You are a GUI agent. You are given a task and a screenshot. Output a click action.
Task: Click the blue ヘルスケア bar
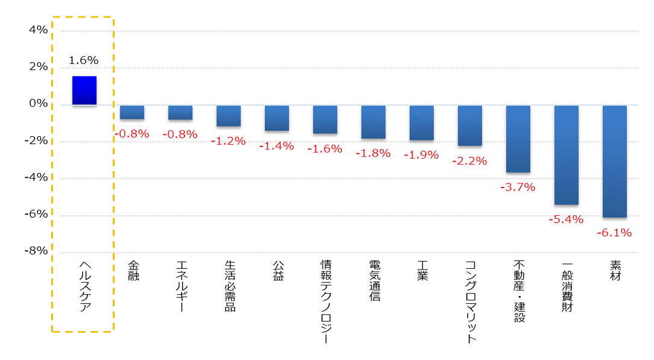(84, 90)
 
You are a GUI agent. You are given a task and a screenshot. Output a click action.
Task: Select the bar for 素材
(615, 161)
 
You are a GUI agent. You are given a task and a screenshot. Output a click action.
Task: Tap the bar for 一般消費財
(567, 155)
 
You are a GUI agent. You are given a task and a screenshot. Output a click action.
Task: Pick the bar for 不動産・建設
(518, 139)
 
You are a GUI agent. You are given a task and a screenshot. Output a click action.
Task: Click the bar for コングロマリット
(470, 125)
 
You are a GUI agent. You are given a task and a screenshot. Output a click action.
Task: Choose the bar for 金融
(132, 112)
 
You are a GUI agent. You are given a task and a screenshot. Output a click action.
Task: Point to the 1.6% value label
(83, 60)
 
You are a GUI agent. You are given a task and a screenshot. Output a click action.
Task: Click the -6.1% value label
(614, 233)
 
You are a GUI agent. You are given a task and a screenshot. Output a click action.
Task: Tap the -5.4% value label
(566, 219)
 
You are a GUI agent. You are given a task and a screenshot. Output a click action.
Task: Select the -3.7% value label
(518, 187)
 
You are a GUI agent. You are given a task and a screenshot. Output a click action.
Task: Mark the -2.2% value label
(469, 161)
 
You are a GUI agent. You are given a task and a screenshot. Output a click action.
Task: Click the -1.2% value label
(228, 141)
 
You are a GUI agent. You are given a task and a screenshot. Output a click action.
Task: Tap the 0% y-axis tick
(38, 104)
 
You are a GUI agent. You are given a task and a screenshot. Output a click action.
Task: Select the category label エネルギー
(181, 286)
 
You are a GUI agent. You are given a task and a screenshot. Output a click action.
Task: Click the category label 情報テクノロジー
(326, 302)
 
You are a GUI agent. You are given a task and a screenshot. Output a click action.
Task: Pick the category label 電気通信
(374, 281)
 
